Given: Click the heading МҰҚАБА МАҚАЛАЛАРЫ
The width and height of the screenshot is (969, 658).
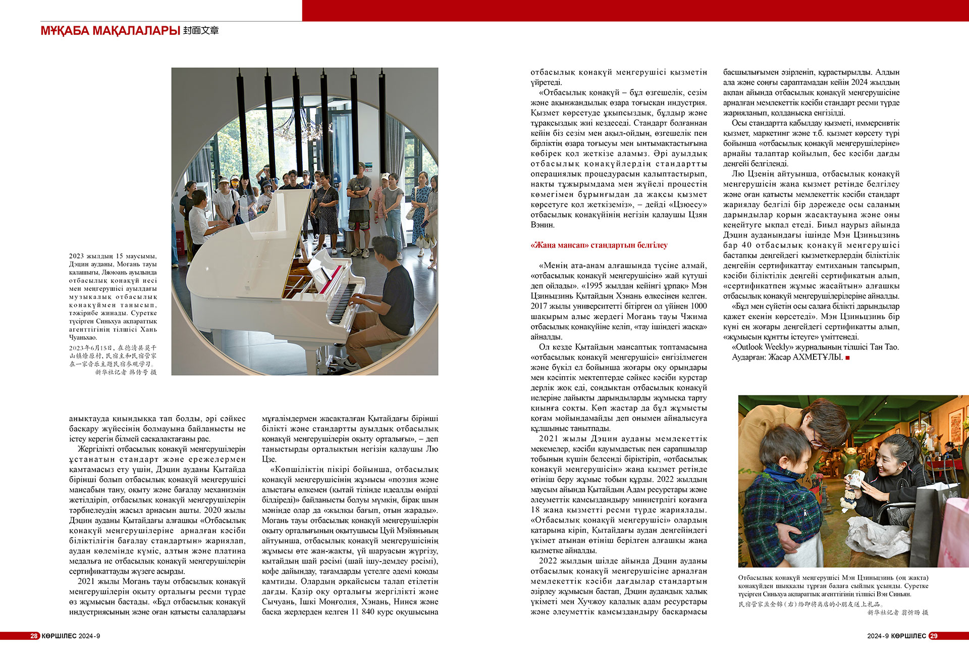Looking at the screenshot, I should (110, 31).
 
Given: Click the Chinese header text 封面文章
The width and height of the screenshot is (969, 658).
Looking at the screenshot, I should (201, 31).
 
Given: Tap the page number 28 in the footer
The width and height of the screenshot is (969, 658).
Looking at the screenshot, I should (34, 636).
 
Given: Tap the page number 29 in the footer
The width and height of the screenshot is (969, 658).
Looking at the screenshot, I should (933, 636).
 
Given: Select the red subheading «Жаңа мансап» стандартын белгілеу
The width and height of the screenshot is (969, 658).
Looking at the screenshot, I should (599, 245).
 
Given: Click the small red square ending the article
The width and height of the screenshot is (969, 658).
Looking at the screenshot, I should (847, 358).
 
